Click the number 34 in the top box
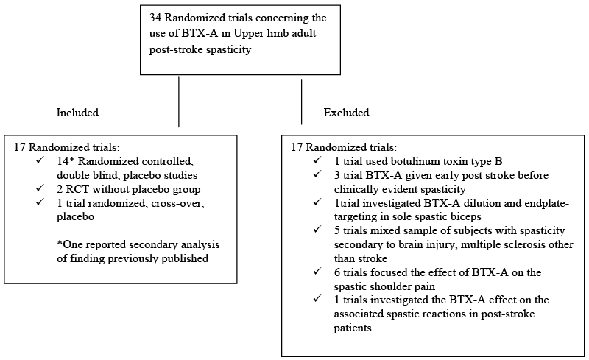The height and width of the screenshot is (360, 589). coord(155,18)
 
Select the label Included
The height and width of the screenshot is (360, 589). coord(77,113)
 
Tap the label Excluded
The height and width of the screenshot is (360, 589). coord(346,113)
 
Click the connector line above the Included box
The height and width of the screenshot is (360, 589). coord(179,102)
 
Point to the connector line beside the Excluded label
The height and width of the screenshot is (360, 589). coord(301,102)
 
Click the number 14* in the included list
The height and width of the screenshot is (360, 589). coord(66,161)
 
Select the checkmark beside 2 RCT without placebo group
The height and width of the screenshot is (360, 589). coord(40,188)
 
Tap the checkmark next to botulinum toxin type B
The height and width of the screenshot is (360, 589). coord(317,160)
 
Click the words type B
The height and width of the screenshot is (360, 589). coord(488,161)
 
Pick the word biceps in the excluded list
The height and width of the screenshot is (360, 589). coord(467,217)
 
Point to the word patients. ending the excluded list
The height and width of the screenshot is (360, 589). coord(354,328)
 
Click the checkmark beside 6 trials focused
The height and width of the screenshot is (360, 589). coord(317,271)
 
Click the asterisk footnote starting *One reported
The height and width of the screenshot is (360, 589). coord(138,251)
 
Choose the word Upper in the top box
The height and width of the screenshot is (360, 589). coord(247,33)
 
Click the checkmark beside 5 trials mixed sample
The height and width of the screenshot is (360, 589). coord(317,229)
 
